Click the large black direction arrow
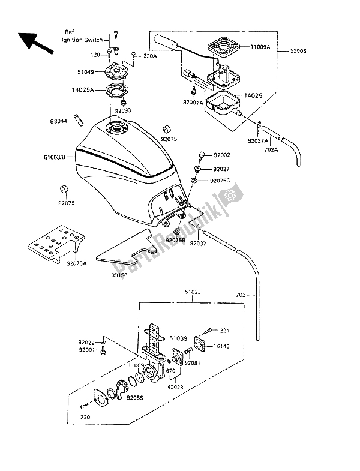[x=35, y=41]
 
